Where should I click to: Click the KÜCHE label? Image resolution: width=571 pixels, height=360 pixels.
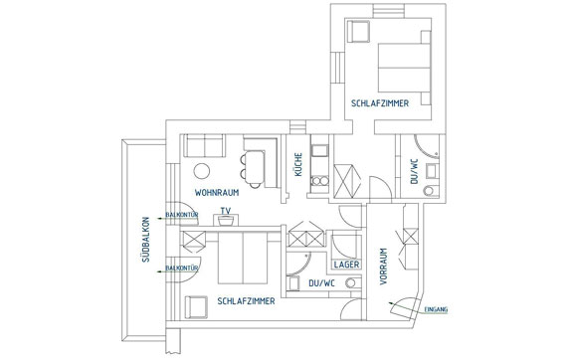click(x=298, y=164)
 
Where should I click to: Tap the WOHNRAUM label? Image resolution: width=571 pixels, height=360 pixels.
click(x=217, y=193)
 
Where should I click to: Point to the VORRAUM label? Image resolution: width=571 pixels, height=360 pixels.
click(x=383, y=267)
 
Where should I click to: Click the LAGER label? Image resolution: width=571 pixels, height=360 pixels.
click(x=346, y=265)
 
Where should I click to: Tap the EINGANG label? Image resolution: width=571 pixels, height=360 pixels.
click(x=436, y=309)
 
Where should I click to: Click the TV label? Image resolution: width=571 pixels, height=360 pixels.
click(x=226, y=211)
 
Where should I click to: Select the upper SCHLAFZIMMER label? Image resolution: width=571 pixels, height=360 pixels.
click(x=380, y=103)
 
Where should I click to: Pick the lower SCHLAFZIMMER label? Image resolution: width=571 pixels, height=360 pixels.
click(x=246, y=301)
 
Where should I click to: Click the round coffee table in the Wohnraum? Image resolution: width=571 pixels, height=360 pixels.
click(x=202, y=171)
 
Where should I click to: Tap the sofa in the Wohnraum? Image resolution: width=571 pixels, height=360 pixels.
click(x=204, y=145)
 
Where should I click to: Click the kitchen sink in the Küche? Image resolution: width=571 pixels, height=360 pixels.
click(x=319, y=150)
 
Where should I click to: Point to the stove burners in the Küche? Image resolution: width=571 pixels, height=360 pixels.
click(x=320, y=181)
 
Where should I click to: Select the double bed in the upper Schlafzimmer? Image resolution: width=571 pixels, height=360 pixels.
click(x=404, y=68)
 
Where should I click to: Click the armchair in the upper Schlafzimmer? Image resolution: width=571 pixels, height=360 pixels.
click(x=358, y=31)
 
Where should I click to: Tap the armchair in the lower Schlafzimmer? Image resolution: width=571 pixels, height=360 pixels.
click(x=196, y=307)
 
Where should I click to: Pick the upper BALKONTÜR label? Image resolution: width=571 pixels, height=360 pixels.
click(x=182, y=215)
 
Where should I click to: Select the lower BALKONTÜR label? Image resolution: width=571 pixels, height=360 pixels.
click(x=182, y=269)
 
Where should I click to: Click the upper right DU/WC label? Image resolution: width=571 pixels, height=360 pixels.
click(x=414, y=171)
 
